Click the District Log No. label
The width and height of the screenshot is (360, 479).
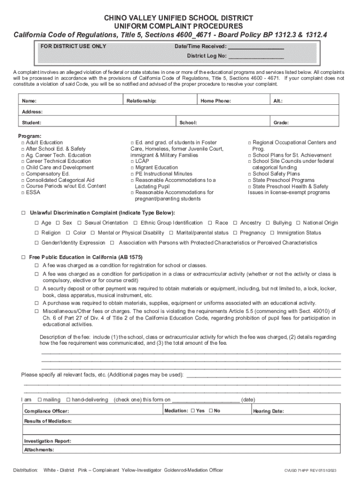tap(207, 56)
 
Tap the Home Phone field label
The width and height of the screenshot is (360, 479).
tap(216, 101)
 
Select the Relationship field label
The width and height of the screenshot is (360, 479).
tap(141, 101)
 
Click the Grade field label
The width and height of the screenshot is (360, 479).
tap(281, 123)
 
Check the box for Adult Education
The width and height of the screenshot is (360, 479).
tap(23, 143)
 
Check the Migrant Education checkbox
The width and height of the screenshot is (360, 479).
tap(132, 167)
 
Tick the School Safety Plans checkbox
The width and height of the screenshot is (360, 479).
tap(250, 174)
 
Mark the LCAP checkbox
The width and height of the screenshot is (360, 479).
tap(132, 161)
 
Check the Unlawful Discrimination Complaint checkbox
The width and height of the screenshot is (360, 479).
tap(23, 213)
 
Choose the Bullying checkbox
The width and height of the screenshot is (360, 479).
tap(269, 223)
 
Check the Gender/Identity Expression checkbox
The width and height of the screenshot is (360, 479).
tap(37, 243)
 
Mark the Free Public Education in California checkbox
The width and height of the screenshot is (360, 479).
tap(23, 258)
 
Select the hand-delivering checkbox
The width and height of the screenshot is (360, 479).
tap(68, 400)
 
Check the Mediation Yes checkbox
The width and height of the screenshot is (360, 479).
tap(193, 411)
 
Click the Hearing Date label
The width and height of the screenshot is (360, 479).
tap(268, 412)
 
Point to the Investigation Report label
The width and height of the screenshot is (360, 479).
tap(47, 441)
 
